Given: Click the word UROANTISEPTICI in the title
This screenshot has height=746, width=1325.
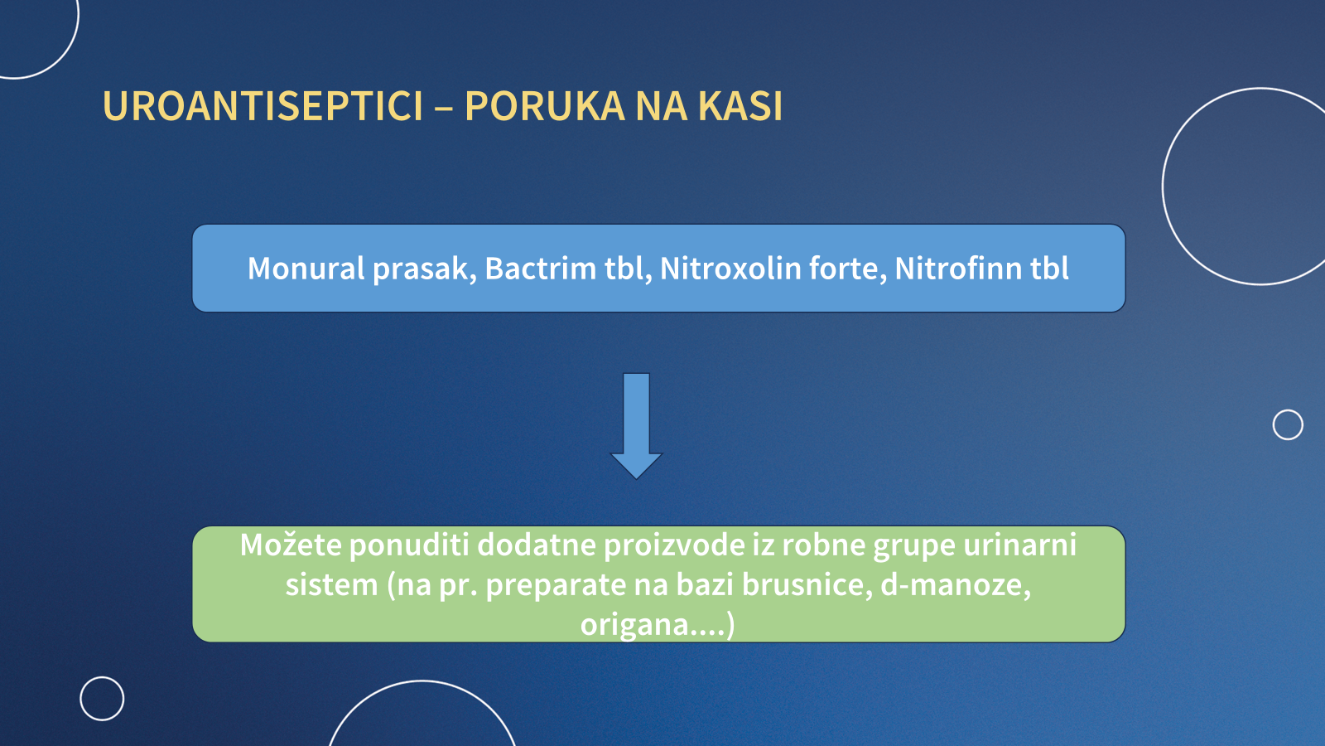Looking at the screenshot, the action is (263, 107).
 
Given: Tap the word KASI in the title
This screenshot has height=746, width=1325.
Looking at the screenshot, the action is (740, 107).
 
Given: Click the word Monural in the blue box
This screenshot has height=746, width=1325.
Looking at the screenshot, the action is (306, 269).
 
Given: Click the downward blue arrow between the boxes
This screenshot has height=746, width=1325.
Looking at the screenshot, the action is (637, 426).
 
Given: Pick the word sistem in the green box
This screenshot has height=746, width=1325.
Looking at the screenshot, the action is (332, 584).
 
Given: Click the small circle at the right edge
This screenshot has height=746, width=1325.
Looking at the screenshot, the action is (1288, 410).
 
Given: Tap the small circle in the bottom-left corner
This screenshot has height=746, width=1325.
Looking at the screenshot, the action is (102, 678).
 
